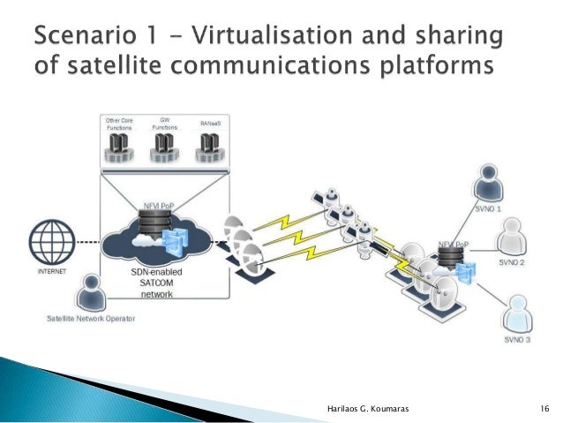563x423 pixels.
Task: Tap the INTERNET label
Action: click(50, 273)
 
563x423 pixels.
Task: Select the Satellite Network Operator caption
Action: click(91, 319)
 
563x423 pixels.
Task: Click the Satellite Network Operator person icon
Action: click(88, 293)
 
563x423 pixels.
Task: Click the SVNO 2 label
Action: click(512, 262)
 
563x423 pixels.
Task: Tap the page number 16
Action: click(544, 407)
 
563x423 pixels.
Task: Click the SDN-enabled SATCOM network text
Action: click(154, 283)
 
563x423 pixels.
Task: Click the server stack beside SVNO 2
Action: click(451, 259)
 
